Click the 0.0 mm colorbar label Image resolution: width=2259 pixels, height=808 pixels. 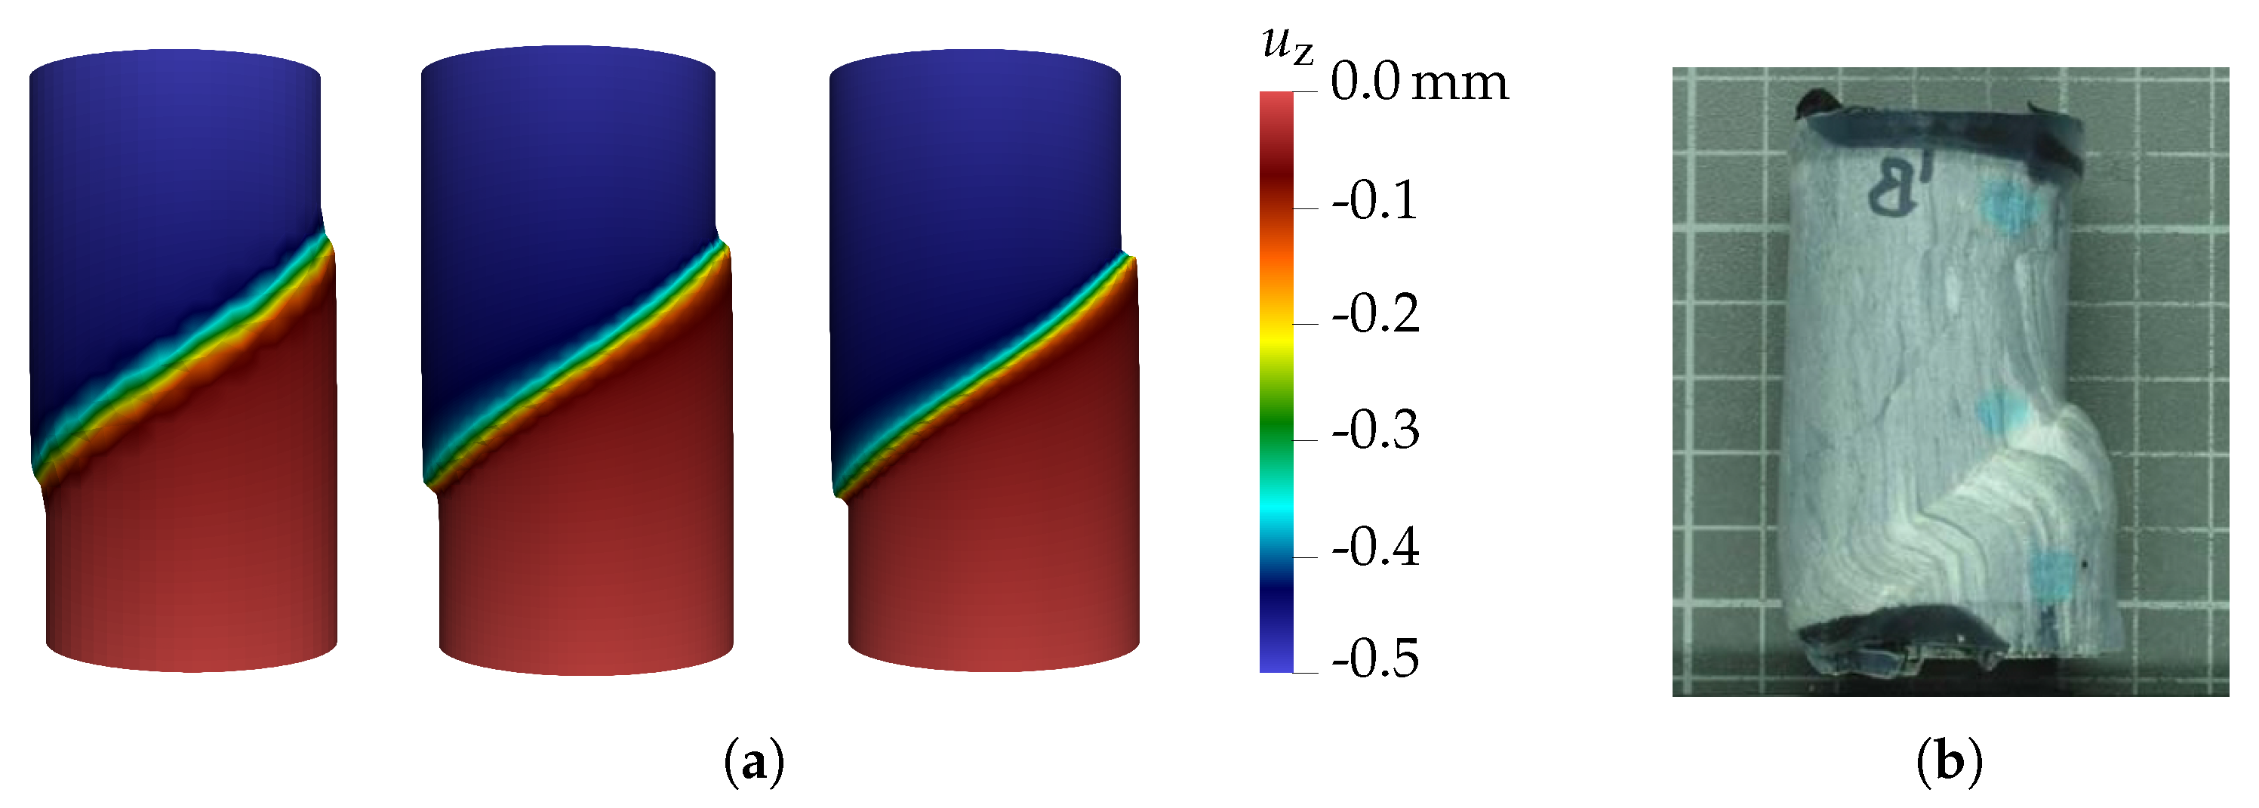[1418, 83]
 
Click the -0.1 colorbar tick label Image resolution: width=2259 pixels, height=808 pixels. [1374, 201]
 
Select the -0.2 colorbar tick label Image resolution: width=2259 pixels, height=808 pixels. [1374, 314]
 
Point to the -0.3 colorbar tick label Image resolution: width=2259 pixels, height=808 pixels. [1374, 430]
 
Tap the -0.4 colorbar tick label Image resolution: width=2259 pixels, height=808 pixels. [1374, 547]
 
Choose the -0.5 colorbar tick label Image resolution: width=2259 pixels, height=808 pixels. [1374, 658]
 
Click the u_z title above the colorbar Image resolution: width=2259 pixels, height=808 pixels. [1286, 44]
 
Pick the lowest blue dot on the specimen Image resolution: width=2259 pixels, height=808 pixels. [2052, 575]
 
